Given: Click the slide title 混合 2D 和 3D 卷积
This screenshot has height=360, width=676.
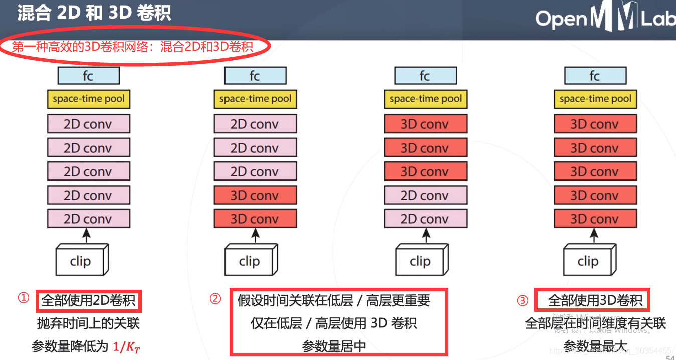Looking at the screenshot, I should pos(94,13).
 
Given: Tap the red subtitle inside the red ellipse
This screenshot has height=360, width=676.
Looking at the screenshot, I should pos(132,47).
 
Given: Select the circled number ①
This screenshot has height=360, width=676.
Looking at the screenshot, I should pos(23,298).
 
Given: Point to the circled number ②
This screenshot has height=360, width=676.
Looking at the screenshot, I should pos(215,299).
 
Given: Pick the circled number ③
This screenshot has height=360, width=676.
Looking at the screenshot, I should pos(523,300).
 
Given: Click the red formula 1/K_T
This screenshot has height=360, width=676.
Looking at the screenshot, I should pos(127,346).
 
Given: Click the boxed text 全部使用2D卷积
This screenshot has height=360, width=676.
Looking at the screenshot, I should pos(89,301).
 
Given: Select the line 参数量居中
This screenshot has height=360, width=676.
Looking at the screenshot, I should pos(334,346).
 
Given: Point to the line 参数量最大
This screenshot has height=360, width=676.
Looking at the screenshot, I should pos(595,346).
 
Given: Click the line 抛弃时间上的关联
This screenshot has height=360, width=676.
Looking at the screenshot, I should pos(89,323).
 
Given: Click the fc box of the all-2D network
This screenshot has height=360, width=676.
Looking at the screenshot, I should pos(89,76).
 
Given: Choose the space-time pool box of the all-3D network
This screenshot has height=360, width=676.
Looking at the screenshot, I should pos(595,99).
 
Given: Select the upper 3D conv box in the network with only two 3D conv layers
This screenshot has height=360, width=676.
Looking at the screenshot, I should pos(255,195).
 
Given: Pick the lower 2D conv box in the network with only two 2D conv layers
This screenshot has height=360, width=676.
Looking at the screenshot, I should pos(425,219).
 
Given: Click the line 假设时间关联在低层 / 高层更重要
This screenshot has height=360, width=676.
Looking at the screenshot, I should pos(334,301).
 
